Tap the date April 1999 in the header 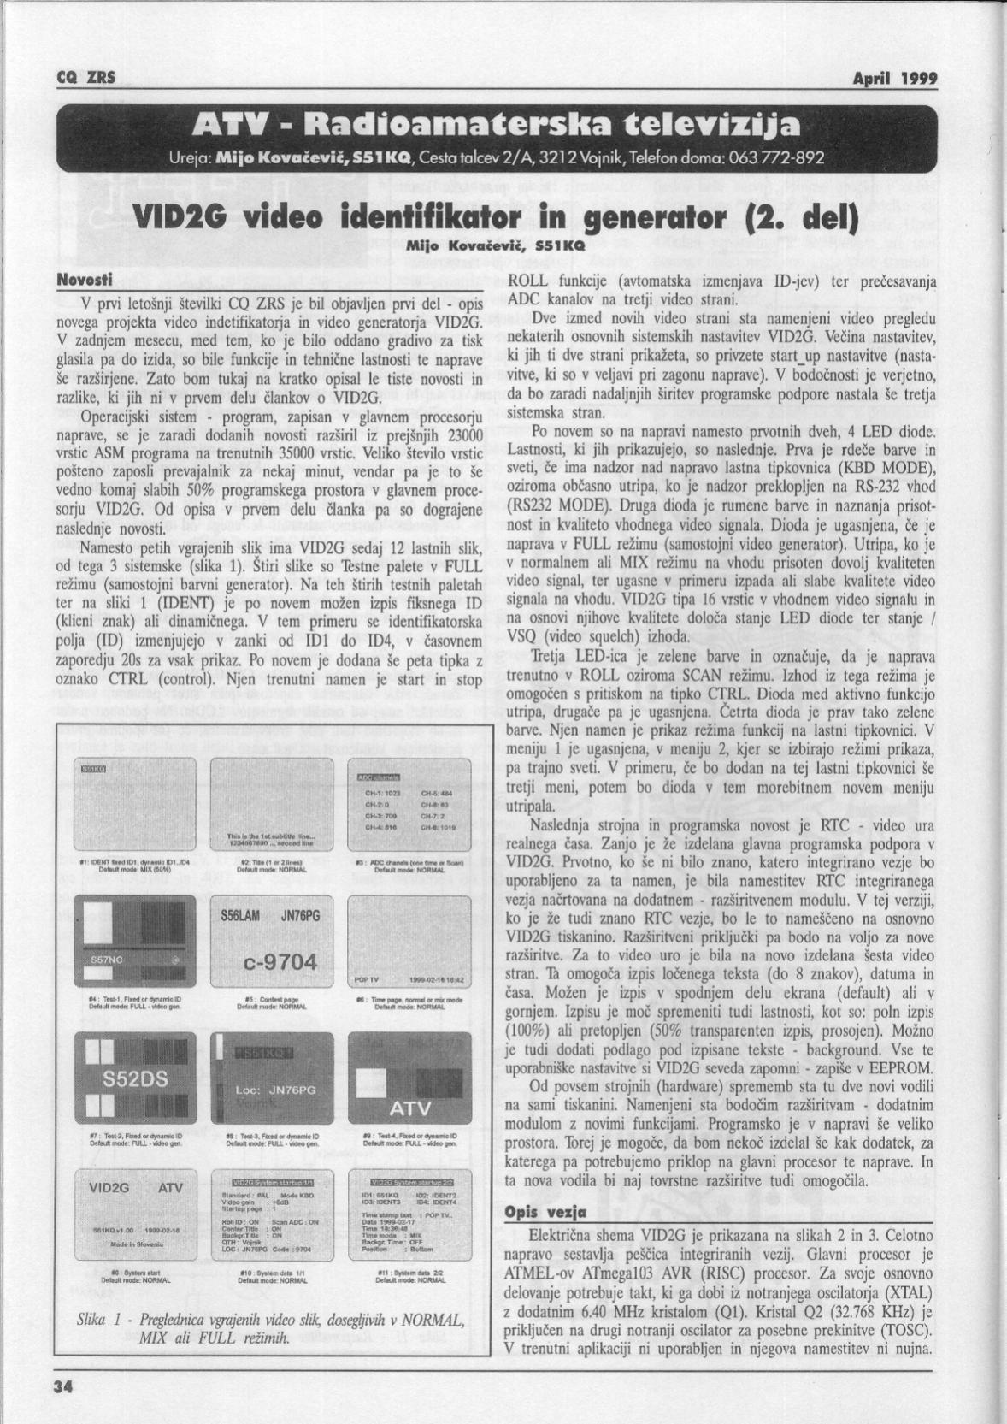pos(895,79)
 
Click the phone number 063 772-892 pos(779,159)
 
